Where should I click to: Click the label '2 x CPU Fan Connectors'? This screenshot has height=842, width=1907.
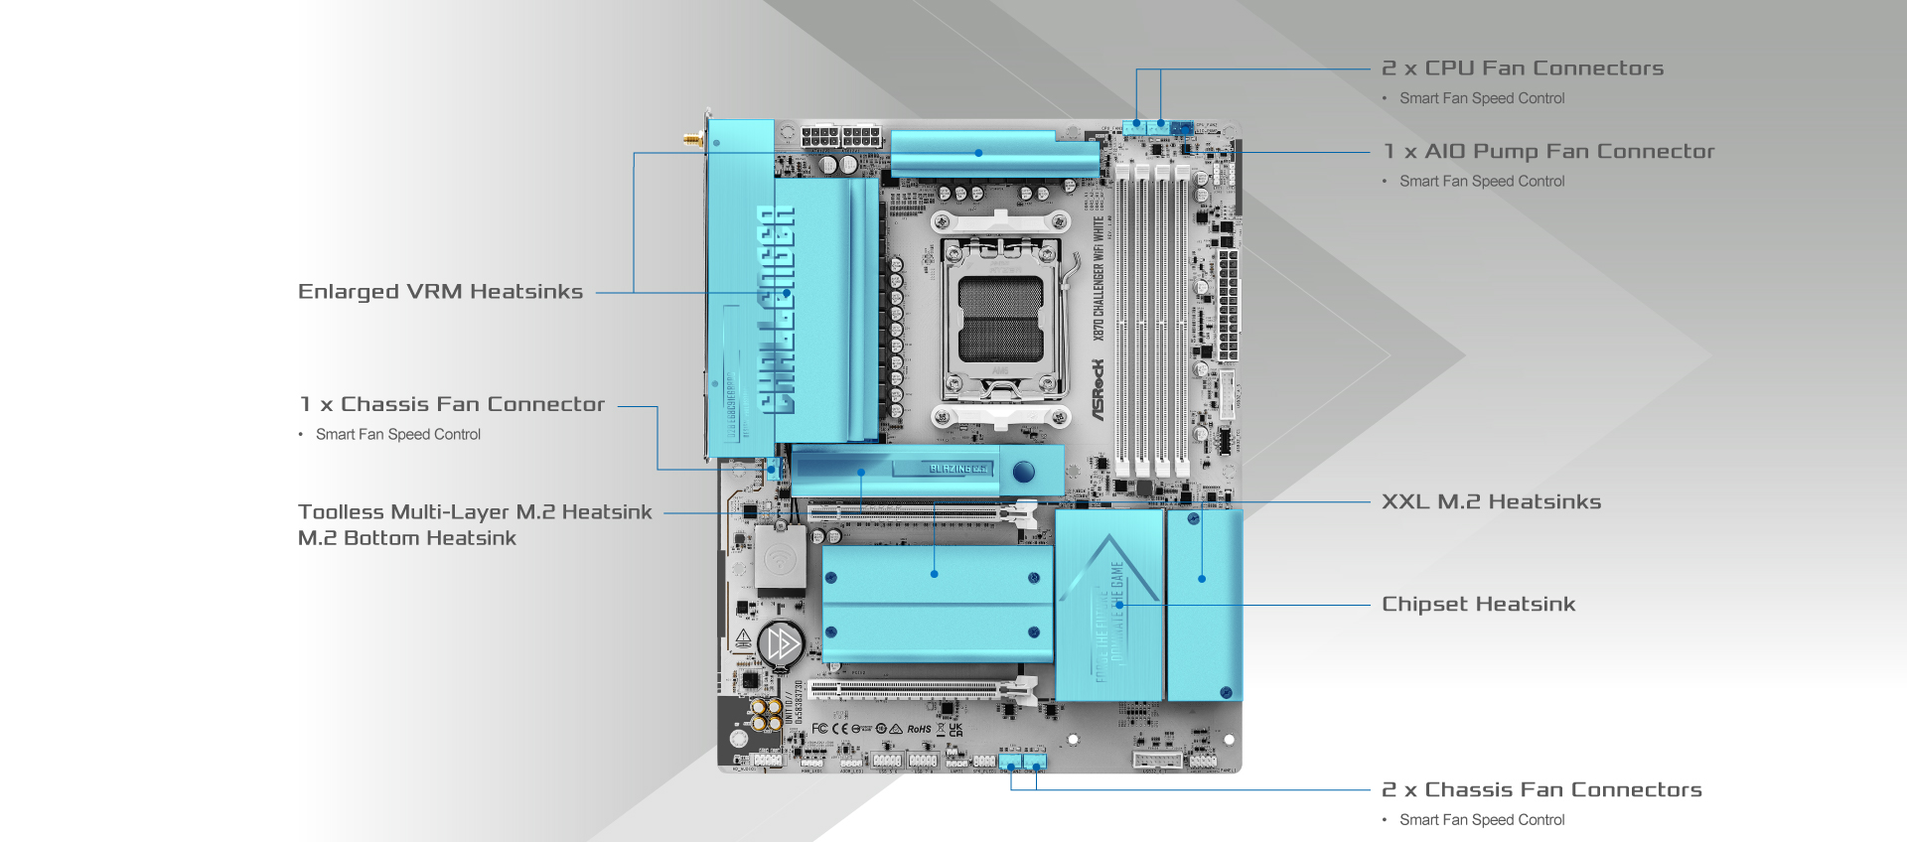pos(1522,69)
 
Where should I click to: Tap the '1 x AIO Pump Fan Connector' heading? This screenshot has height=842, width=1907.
pos(1548,152)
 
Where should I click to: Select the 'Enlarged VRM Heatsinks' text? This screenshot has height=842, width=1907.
pos(440,292)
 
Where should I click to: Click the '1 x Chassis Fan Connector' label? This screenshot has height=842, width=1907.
pos(452,405)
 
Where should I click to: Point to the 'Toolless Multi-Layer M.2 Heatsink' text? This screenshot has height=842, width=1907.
pos(475,512)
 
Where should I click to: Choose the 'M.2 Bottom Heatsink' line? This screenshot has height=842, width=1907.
pos(407,538)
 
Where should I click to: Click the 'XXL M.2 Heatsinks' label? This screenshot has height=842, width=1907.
pos(1491,502)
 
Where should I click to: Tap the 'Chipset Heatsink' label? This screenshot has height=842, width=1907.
pos(1478,605)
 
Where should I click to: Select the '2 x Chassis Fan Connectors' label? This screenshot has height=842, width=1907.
pos(1540,790)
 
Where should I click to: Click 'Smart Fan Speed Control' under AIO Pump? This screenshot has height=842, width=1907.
pos(1481,182)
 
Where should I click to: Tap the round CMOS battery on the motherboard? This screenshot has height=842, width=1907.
pos(781,644)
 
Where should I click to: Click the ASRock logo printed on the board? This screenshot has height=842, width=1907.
pos(1099,389)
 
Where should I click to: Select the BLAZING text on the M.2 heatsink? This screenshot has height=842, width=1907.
pos(957,468)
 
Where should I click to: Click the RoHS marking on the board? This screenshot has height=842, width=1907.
pos(919,729)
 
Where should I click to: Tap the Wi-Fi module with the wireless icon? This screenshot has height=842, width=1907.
pos(780,558)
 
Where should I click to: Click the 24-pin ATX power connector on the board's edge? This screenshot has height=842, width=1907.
pos(1230,304)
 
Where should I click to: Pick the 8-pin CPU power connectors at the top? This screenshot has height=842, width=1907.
pos(841,136)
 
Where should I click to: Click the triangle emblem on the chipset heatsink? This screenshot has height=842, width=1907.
pos(1109,571)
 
